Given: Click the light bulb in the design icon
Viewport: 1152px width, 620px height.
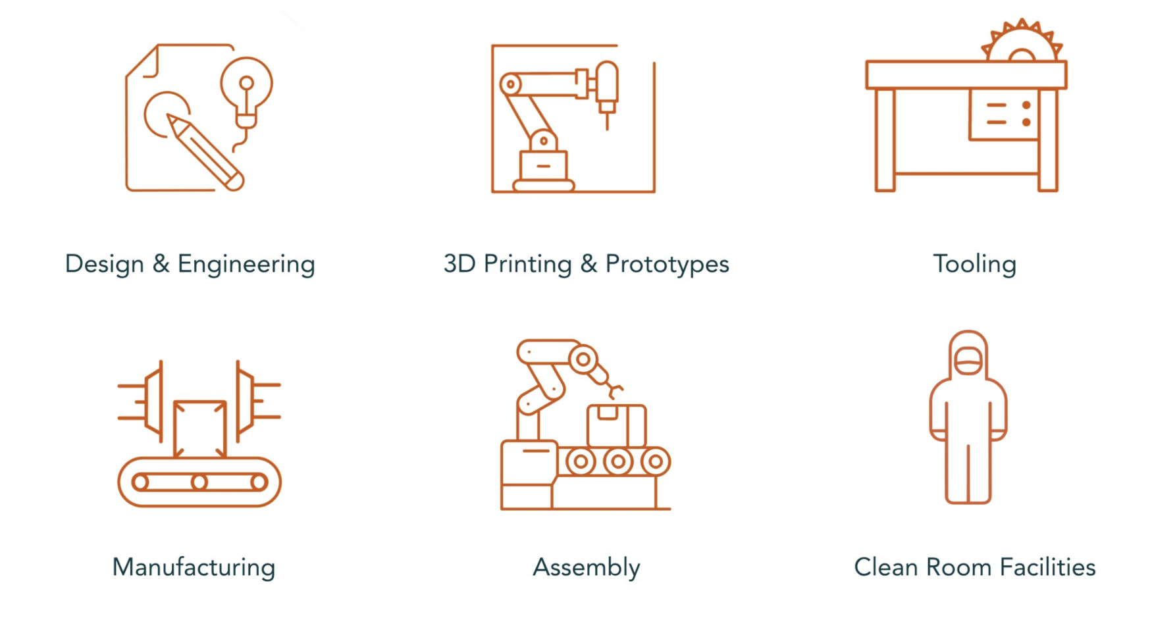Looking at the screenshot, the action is coord(246,92).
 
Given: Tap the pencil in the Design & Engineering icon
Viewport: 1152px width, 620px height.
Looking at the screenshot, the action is coord(205,153).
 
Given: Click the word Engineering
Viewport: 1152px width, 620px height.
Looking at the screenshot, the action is coord(246,265).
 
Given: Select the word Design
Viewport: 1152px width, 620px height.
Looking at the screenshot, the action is coord(105,265).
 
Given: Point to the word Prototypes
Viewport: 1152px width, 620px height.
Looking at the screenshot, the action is coord(667,265).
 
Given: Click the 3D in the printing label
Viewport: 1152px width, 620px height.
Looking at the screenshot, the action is coord(459,264).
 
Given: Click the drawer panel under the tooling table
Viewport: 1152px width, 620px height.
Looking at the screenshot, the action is coord(1003,115).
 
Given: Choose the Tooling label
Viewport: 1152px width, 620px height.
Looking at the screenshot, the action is coord(975,265).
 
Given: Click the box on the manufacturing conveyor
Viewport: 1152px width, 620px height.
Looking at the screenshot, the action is coord(200,428).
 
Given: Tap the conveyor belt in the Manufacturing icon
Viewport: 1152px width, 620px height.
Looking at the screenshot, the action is coord(199,482).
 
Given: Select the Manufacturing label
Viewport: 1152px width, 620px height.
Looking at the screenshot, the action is coord(194,568).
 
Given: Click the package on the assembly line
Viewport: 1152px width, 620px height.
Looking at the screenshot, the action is coord(616,425).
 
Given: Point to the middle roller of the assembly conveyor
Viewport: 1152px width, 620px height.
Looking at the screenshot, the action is coord(618,461).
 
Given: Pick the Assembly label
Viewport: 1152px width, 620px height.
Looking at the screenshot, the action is coord(587,568).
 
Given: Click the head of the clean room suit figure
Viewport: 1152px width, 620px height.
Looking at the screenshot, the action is coord(968,355).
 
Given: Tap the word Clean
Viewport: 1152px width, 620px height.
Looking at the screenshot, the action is coord(886,567).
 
